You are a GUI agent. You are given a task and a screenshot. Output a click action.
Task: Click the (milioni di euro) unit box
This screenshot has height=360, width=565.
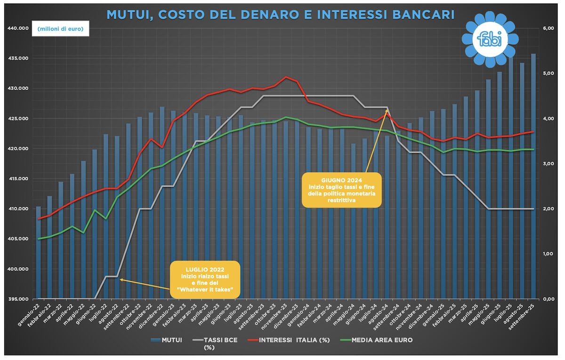60,30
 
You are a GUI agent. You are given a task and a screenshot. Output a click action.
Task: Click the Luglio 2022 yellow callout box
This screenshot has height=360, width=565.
204,279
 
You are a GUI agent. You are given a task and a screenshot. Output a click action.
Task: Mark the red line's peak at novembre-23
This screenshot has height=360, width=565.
286,77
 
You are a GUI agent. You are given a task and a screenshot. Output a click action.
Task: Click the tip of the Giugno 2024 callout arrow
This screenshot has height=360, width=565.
387,110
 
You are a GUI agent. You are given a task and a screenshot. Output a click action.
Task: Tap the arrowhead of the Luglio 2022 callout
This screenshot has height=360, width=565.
120,279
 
